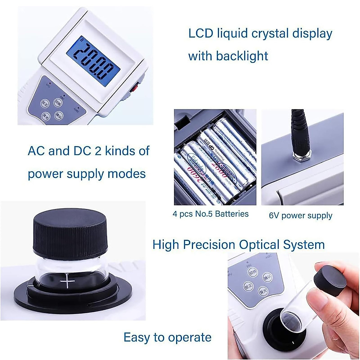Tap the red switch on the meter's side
coord(135,88)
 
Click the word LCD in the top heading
coord(200,33)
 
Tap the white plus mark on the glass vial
coord(68,282)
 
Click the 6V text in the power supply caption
coord(274,216)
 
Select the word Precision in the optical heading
coord(209,245)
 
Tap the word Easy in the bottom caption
coord(136,337)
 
